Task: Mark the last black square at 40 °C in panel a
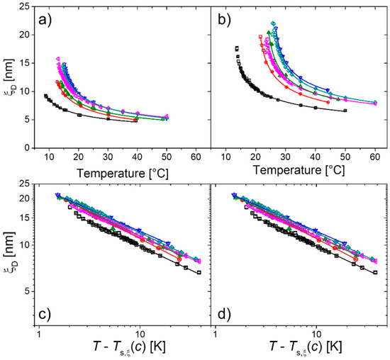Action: (135, 120)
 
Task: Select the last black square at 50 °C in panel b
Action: (345, 111)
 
